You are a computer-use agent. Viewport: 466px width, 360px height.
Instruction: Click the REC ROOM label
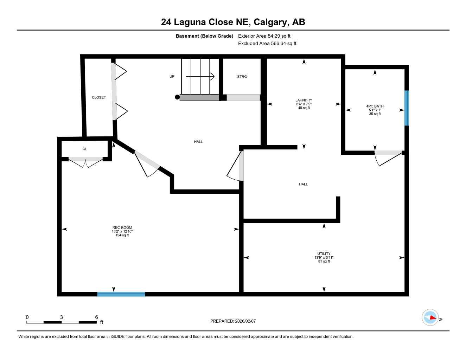(122, 227)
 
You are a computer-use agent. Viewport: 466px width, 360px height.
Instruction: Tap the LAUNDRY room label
(304, 100)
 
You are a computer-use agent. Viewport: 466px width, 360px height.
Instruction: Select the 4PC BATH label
(375, 106)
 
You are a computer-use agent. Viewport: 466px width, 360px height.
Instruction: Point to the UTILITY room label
(324, 254)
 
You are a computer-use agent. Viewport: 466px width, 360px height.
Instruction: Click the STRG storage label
(242, 76)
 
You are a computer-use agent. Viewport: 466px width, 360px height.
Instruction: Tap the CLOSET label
(99, 97)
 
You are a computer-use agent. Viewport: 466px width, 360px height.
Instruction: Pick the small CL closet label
(85, 149)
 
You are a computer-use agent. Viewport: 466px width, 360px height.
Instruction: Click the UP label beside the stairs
(172, 76)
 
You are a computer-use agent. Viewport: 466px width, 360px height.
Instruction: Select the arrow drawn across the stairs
(200, 76)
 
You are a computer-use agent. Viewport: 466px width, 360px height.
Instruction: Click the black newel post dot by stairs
(177, 97)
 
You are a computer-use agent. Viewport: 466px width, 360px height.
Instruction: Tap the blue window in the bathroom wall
(407, 108)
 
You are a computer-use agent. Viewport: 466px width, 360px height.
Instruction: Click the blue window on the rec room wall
(121, 294)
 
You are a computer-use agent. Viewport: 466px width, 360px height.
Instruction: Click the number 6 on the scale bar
(96, 317)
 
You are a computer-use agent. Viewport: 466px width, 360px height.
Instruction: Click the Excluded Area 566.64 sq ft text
(267, 44)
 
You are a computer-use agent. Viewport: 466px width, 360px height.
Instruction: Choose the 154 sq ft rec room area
(122, 235)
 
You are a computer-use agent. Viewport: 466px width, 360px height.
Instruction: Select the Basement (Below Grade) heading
(204, 36)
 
